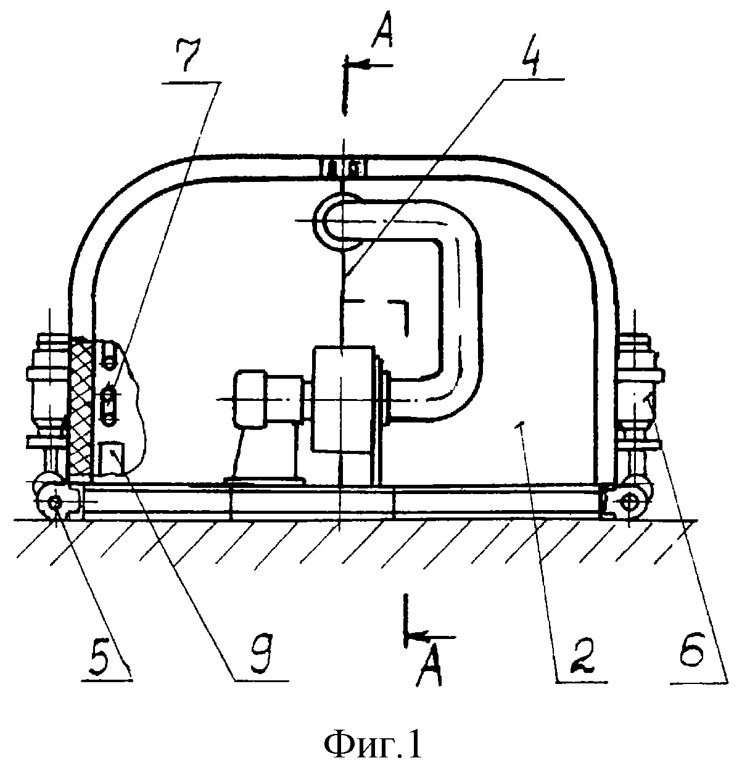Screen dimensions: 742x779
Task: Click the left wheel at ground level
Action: coord(55,503)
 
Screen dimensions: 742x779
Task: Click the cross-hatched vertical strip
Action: coord(81,408)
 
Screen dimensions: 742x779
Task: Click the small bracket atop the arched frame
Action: coord(344,168)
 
